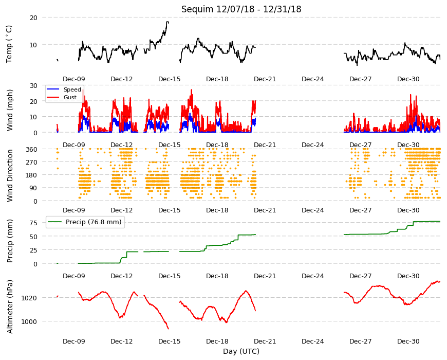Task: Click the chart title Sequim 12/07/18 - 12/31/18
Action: click(241, 9)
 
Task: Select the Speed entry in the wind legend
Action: click(72, 89)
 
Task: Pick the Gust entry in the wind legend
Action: click(70, 97)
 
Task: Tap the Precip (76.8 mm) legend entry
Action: click(94, 222)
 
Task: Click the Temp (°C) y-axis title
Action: click(9, 44)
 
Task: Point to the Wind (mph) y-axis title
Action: click(10, 110)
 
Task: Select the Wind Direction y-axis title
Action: click(10, 175)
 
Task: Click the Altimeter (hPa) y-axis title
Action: click(10, 307)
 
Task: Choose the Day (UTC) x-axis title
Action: click(241, 351)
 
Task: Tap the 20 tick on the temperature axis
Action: click(33, 17)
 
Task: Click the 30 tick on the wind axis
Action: click(33, 85)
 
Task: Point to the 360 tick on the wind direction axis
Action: click(31, 149)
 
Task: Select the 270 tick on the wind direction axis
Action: click(31, 163)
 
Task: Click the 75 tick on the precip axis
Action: click(33, 223)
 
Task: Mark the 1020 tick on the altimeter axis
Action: click(29, 298)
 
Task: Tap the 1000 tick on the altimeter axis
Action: click(29, 322)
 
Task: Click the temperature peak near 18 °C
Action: click(167, 22)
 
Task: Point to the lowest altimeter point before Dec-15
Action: click(169, 329)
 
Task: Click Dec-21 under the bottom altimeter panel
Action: click(265, 341)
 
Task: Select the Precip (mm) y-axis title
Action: click(10, 241)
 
